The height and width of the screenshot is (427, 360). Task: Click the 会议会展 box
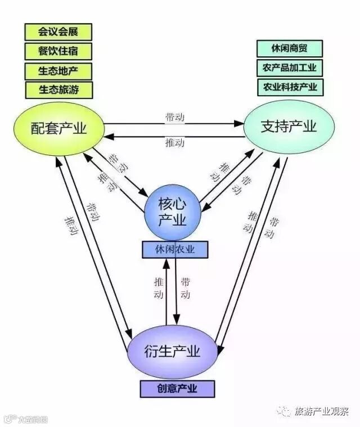tap(58, 32)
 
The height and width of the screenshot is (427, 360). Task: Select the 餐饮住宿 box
tap(58, 51)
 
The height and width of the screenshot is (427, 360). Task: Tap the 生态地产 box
tap(58, 70)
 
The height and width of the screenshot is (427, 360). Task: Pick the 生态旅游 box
tap(58, 89)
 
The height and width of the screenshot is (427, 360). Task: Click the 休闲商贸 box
tap(290, 48)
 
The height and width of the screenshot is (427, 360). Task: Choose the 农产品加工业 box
tap(290, 68)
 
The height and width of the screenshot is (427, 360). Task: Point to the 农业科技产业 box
tap(290, 87)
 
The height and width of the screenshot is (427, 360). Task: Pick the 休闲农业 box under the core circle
tap(174, 249)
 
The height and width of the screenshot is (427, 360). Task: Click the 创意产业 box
tap(177, 389)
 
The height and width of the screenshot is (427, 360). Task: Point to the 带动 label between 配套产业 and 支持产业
tap(174, 117)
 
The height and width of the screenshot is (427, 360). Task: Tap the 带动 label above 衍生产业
tap(186, 287)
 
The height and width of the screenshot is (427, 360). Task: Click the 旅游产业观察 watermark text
tap(321, 412)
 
